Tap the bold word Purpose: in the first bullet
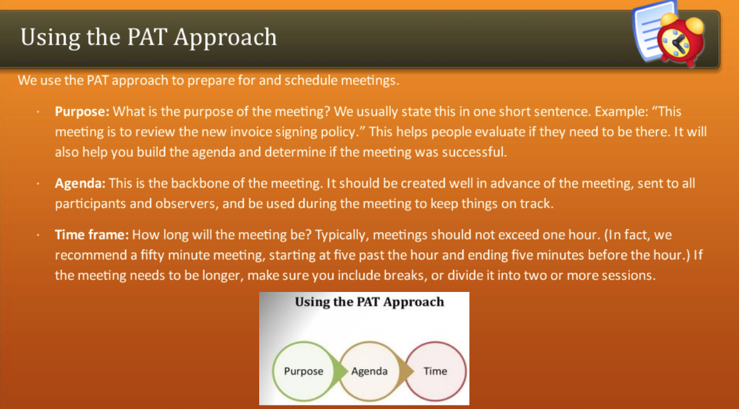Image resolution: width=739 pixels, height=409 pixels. coord(82,112)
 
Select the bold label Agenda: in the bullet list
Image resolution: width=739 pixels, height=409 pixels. coord(80,184)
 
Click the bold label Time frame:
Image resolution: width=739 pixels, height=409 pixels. coord(92,235)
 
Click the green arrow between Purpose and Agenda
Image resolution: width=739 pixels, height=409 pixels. coord(341,372)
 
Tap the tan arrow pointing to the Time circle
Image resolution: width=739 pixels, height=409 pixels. coord(406,372)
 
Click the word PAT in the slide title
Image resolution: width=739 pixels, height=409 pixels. coord(147,37)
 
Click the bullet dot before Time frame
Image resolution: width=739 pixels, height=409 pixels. coord(38,235)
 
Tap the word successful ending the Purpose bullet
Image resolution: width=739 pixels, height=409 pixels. coord(474,152)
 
